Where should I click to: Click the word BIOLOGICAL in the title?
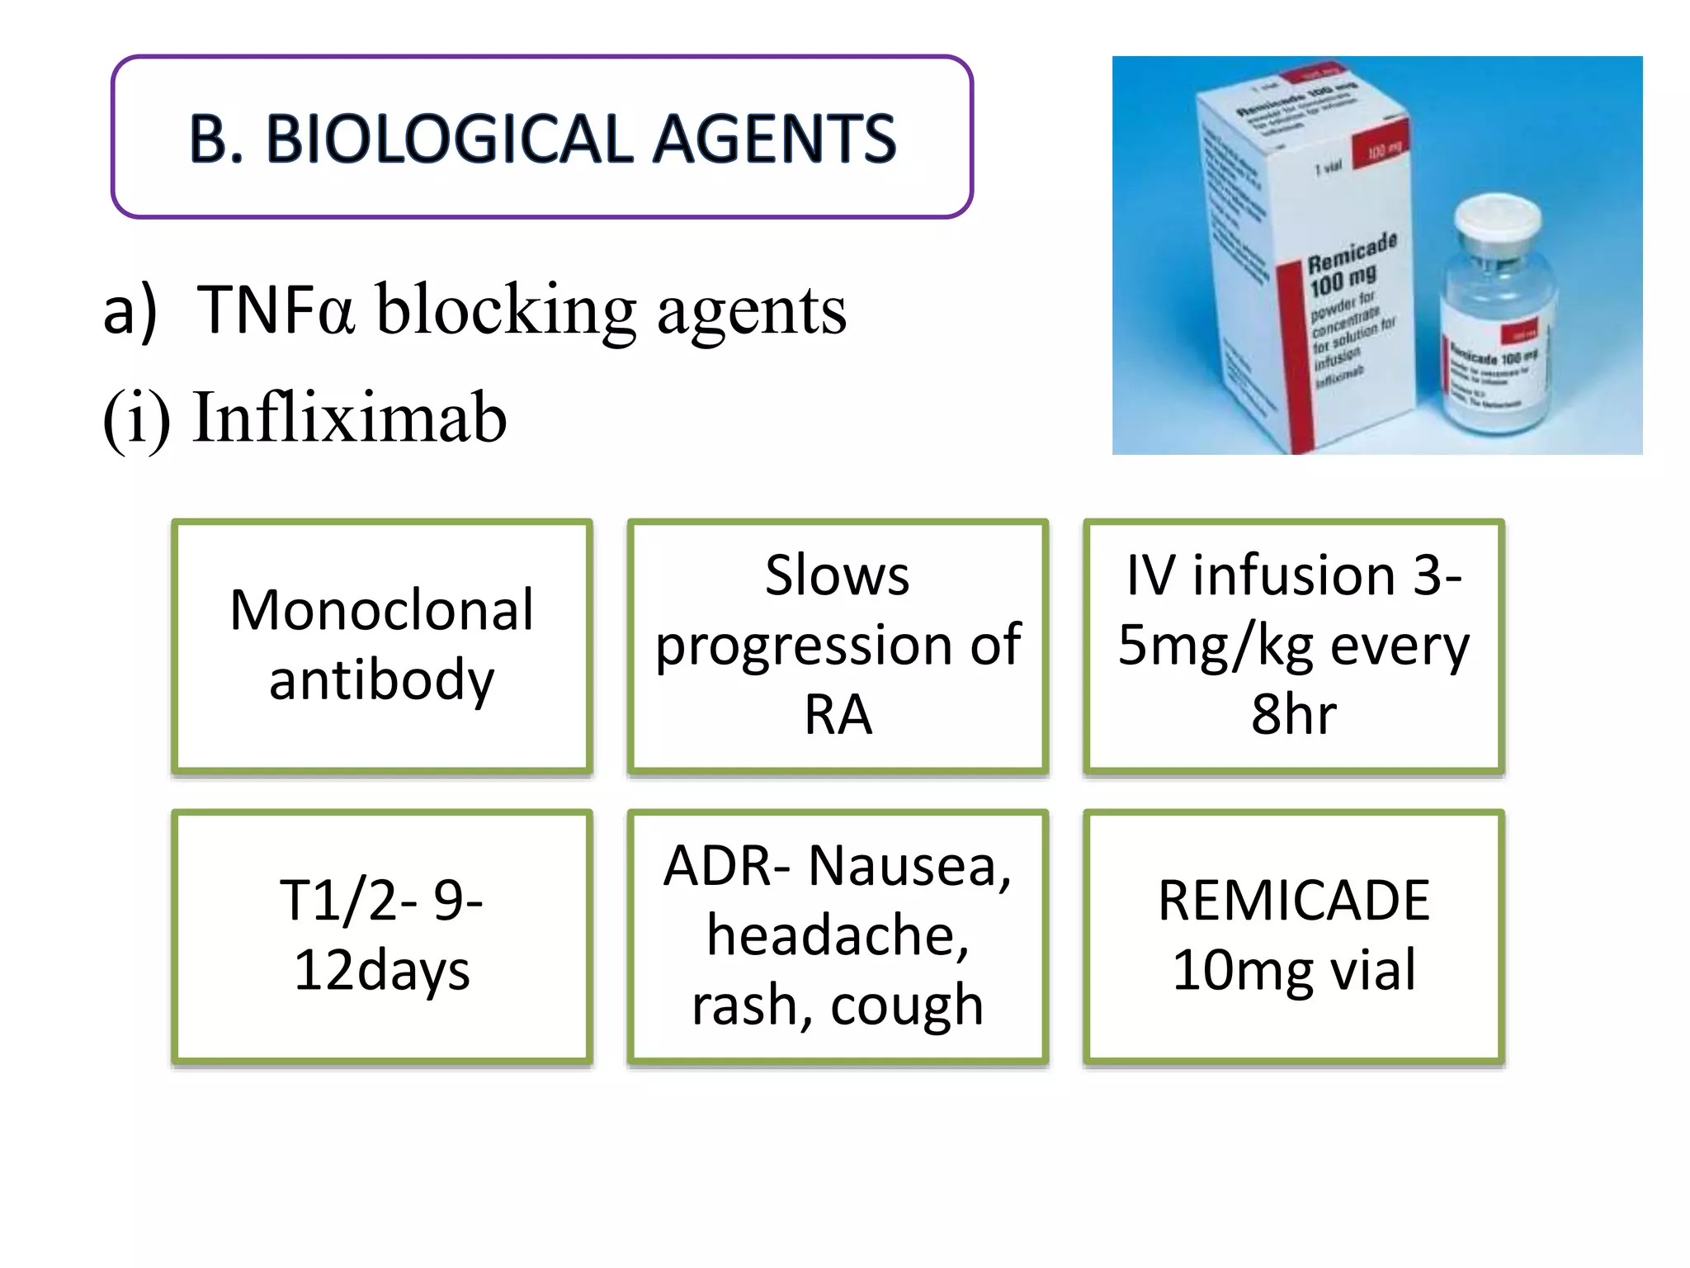(x=451, y=139)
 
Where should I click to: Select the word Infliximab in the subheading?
(x=349, y=418)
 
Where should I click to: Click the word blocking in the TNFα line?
(x=506, y=310)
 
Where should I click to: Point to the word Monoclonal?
(x=381, y=610)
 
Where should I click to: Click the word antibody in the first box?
(x=381, y=679)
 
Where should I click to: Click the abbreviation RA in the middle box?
(x=838, y=714)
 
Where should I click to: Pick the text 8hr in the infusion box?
(x=1293, y=714)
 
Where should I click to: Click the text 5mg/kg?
(x=1215, y=645)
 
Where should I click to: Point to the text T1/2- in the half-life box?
(x=347, y=900)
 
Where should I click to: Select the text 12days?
(x=381, y=970)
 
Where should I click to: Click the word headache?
(x=837, y=935)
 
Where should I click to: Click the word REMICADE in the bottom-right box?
(x=1293, y=900)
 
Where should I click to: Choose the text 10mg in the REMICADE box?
(x=1241, y=970)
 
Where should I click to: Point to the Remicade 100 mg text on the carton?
(x=1350, y=264)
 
